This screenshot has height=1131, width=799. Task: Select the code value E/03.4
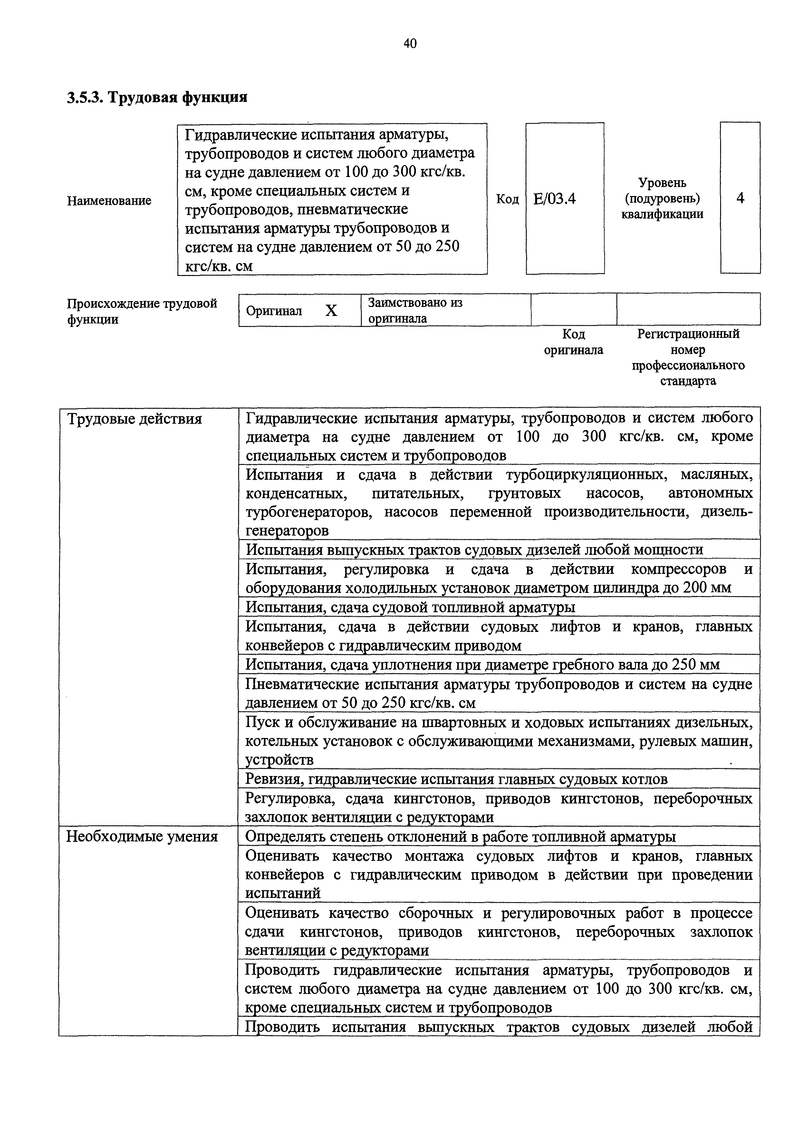554,199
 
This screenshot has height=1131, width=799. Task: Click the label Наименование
109,201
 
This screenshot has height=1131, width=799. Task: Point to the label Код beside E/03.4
507,199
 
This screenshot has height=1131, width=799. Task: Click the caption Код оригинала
573,342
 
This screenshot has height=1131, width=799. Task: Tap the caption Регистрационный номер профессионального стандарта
688,357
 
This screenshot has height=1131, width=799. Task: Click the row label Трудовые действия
134,419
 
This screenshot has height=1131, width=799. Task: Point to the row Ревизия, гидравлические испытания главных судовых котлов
456,779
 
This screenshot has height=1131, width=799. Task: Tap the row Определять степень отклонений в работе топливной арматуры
460,836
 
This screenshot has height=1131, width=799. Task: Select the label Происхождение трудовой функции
142,311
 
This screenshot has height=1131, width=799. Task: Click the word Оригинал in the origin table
274,311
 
